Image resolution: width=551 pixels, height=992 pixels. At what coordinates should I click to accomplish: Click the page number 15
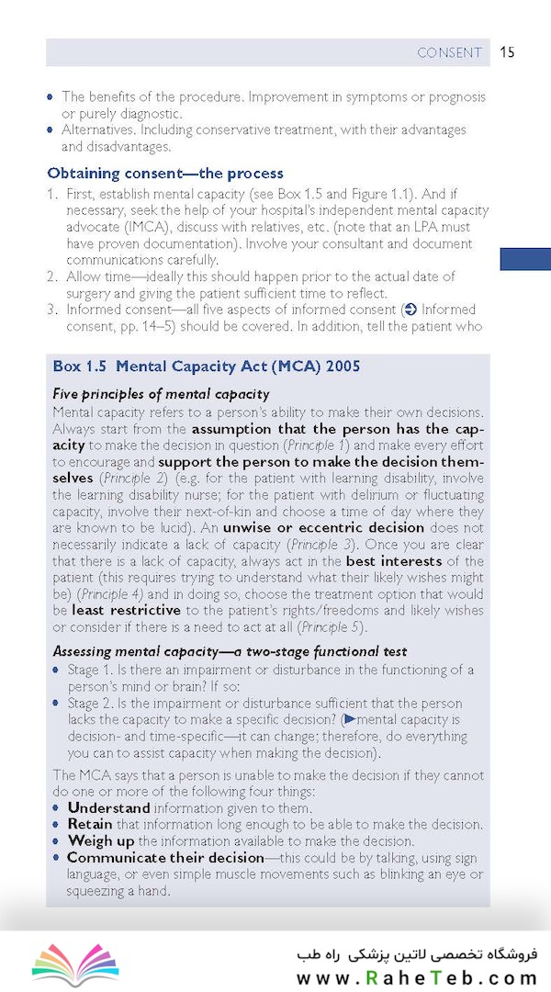(507, 52)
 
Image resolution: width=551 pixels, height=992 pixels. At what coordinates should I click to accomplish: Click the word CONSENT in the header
(449, 52)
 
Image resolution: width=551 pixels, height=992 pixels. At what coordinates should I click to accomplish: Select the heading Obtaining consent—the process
(165, 173)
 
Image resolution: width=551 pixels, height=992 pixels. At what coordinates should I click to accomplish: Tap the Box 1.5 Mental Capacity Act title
(206, 366)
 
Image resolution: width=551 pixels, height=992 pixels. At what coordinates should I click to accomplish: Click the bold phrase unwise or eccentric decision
(310, 527)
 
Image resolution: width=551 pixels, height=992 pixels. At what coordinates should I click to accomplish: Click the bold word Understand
(108, 808)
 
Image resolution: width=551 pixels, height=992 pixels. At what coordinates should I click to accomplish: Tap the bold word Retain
(89, 825)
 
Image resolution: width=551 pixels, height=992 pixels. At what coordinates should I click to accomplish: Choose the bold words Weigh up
(100, 841)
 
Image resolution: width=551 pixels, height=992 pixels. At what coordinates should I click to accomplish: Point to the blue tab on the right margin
(524, 259)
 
